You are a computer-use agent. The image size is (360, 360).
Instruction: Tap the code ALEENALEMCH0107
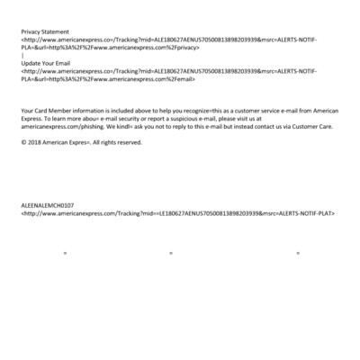(49, 205)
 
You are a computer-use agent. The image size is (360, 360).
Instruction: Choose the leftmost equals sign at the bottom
(65, 253)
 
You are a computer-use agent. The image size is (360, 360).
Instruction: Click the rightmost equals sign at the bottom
(297, 253)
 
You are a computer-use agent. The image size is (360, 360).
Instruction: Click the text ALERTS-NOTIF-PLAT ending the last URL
(307, 213)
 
